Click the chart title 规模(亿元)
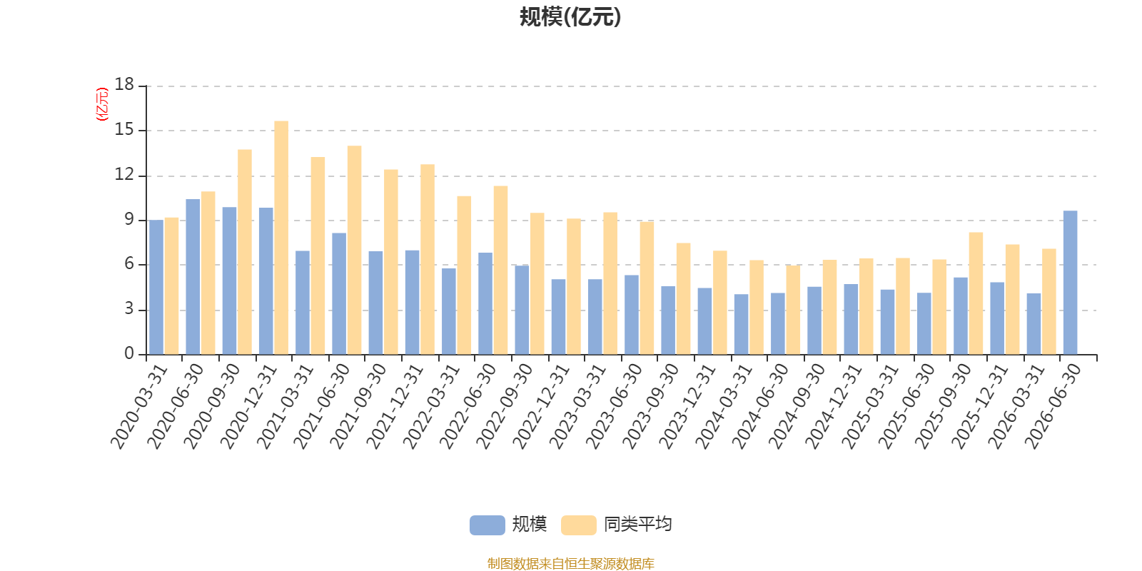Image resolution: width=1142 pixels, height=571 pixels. point(570,17)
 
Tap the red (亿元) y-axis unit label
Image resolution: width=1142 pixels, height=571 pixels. point(103,104)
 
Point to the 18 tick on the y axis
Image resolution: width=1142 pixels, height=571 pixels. point(124,84)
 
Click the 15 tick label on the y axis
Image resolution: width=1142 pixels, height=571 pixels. point(124,129)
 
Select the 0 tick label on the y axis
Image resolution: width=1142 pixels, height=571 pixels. point(129,353)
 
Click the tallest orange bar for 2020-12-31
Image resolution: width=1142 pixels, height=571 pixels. point(281,238)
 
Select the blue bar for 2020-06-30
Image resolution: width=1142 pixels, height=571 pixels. point(193,277)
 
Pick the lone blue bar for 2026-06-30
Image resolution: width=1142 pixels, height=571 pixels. point(1070,283)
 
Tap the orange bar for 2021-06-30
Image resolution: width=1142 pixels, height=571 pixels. point(354,250)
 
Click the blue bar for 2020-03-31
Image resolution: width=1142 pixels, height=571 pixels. point(156,287)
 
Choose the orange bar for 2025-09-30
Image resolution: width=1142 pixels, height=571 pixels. point(976,293)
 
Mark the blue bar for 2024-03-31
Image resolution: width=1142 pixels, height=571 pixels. point(742,324)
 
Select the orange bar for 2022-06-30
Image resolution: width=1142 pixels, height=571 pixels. point(500,271)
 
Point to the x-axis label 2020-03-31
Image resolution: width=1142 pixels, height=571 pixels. point(138,406)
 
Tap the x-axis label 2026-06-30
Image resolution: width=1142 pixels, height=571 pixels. point(1052,406)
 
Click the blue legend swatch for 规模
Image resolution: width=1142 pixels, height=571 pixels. point(487,525)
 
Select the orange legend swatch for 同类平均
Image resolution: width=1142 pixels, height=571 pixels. point(578,525)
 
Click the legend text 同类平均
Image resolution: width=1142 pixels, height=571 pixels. point(638,524)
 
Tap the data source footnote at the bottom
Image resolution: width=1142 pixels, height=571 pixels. point(570,563)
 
